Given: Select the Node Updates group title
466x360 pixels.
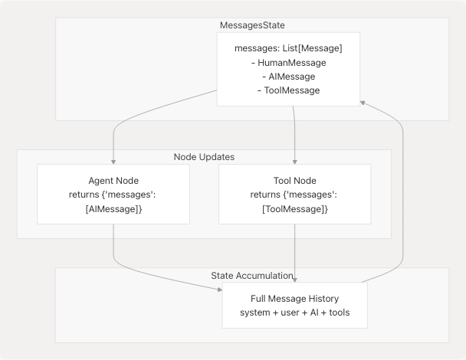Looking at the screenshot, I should [x=204, y=157].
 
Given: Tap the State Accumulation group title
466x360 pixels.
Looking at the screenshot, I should [x=251, y=275].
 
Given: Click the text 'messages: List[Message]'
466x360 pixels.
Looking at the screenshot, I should [x=290, y=49].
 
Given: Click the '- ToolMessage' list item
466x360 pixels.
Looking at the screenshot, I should [x=290, y=90].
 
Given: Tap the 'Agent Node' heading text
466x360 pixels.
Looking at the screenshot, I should [x=113, y=181].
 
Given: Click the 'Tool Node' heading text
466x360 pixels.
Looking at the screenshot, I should [x=294, y=181].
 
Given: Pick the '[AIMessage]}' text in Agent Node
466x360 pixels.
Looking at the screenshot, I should [x=113, y=208].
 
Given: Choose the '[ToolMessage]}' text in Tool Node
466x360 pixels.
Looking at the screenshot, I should [x=294, y=208].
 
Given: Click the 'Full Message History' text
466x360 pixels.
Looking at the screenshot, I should [x=294, y=298].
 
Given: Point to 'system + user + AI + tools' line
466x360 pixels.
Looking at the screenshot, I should [x=294, y=312].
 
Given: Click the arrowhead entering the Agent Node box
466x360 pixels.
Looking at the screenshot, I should [x=113, y=162].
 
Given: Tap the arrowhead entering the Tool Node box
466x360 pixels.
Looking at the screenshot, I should [x=294, y=162].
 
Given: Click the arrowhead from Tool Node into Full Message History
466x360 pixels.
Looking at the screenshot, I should [x=294, y=280].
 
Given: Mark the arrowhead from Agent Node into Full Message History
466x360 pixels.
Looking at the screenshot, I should [x=219, y=290].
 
